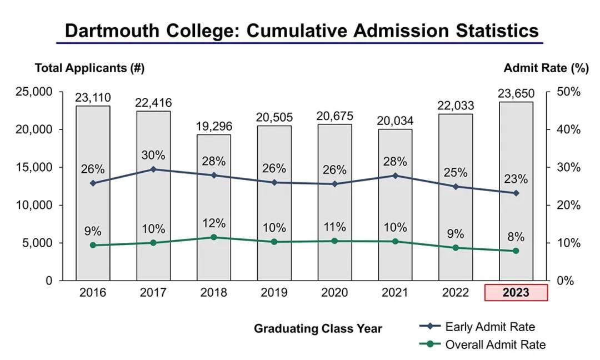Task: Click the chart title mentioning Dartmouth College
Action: [x=302, y=31]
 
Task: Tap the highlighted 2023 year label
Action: [x=516, y=293]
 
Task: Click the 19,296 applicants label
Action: [x=214, y=126]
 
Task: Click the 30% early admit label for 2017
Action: [x=153, y=155]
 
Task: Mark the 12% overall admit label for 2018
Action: [x=214, y=223]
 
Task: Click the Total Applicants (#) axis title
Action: [x=89, y=68]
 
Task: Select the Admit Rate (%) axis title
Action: [x=546, y=68]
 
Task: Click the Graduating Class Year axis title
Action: [x=318, y=328]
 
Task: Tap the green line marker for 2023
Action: [x=516, y=251]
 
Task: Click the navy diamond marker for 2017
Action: [x=153, y=169]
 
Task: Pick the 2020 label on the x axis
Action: [x=334, y=293]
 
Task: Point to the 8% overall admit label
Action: [x=516, y=237]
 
